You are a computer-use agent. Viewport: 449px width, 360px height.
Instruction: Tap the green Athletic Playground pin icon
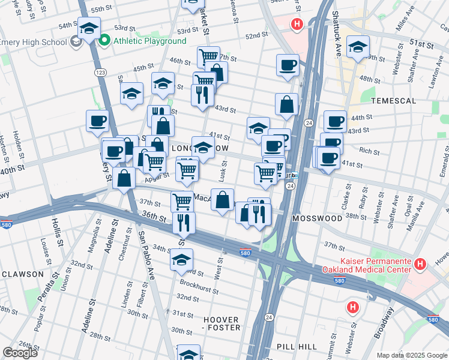click(x=105, y=41)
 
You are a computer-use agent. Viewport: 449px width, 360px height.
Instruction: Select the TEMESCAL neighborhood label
click(x=393, y=101)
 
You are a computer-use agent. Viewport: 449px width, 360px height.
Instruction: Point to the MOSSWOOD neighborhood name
click(x=317, y=218)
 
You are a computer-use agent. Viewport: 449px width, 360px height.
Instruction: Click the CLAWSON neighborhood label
click(x=22, y=274)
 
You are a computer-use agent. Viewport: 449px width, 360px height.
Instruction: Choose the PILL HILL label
click(x=296, y=347)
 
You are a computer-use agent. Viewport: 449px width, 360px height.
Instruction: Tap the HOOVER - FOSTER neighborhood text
click(x=221, y=323)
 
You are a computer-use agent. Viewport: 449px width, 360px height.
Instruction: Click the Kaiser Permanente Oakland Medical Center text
click(x=367, y=264)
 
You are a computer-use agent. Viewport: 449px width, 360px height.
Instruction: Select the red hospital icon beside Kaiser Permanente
click(x=420, y=263)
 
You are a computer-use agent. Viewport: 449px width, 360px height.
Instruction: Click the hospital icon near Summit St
click(x=353, y=307)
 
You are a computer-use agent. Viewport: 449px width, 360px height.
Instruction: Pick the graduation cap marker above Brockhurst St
click(x=181, y=259)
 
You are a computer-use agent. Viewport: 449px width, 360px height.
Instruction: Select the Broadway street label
click(x=384, y=325)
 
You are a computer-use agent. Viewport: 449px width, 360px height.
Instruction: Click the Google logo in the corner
click(x=20, y=353)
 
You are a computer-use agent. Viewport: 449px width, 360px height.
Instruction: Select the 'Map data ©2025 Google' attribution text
click(x=412, y=355)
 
